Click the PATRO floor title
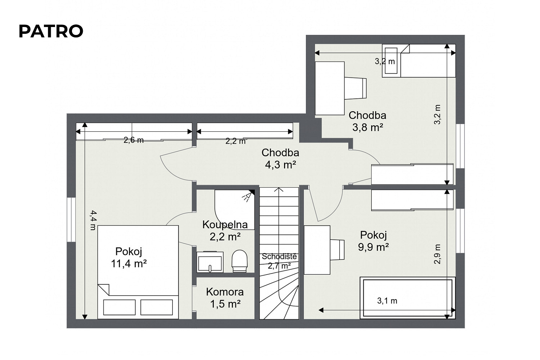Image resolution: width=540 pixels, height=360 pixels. pos(51,31)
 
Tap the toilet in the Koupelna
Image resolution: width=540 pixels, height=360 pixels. pos(240,261)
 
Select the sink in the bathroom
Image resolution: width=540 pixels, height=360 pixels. pos(210,262)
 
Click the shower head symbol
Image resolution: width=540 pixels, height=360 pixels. pos(248,195)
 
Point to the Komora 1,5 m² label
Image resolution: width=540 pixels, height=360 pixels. pos(225,298)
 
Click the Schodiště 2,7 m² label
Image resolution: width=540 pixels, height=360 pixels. pos(279,261)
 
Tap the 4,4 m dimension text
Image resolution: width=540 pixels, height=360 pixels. pos(93,220)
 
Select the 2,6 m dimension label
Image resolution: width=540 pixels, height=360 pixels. pos(134,140)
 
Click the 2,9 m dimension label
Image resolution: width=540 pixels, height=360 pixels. pos(437,254)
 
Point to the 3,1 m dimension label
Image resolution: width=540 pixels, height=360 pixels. pos(387,301)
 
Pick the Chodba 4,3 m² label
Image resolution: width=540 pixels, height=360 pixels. pos(280,159)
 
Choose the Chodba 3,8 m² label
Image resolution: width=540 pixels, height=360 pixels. pos(368,121)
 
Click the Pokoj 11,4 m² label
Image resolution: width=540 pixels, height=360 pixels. pos(129,257)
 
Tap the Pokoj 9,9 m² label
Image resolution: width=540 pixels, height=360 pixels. pos(373,241)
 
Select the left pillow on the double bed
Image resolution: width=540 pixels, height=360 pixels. pos(119,307)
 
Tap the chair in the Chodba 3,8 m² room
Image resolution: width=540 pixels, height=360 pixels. pos(355,88)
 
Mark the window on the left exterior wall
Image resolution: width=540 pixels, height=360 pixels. pos(71,220)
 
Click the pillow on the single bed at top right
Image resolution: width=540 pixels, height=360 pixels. pos(391,60)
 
